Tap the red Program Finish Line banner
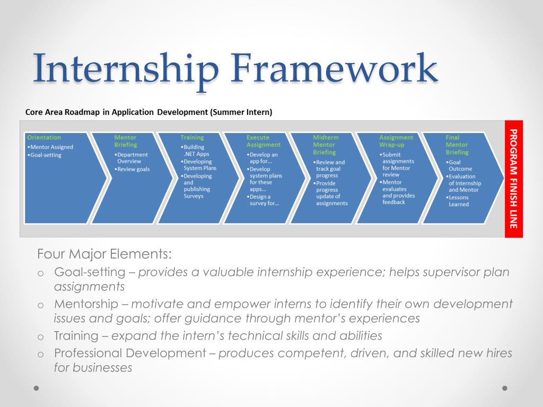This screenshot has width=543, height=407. coord(514,179)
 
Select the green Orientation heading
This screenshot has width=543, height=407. coord(44,137)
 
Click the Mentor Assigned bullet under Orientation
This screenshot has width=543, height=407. coord(50,147)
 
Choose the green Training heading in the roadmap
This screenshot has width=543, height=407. coord(192,137)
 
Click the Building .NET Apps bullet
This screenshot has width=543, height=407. coord(195,151)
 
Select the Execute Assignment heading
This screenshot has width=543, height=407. coord(263,141)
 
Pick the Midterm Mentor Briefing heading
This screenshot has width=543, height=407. coord(326,145)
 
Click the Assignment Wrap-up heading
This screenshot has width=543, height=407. coord(396,141)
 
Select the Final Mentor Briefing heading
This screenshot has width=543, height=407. coord(457,145)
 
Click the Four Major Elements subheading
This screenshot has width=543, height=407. coord(104,254)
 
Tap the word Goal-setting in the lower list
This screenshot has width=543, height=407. coord(90,272)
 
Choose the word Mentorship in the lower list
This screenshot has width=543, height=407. coord(86,304)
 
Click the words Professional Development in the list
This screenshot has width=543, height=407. coord(130,353)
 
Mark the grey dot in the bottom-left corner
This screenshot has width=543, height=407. coord(37,388)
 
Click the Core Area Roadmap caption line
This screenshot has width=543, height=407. coord(149,112)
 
